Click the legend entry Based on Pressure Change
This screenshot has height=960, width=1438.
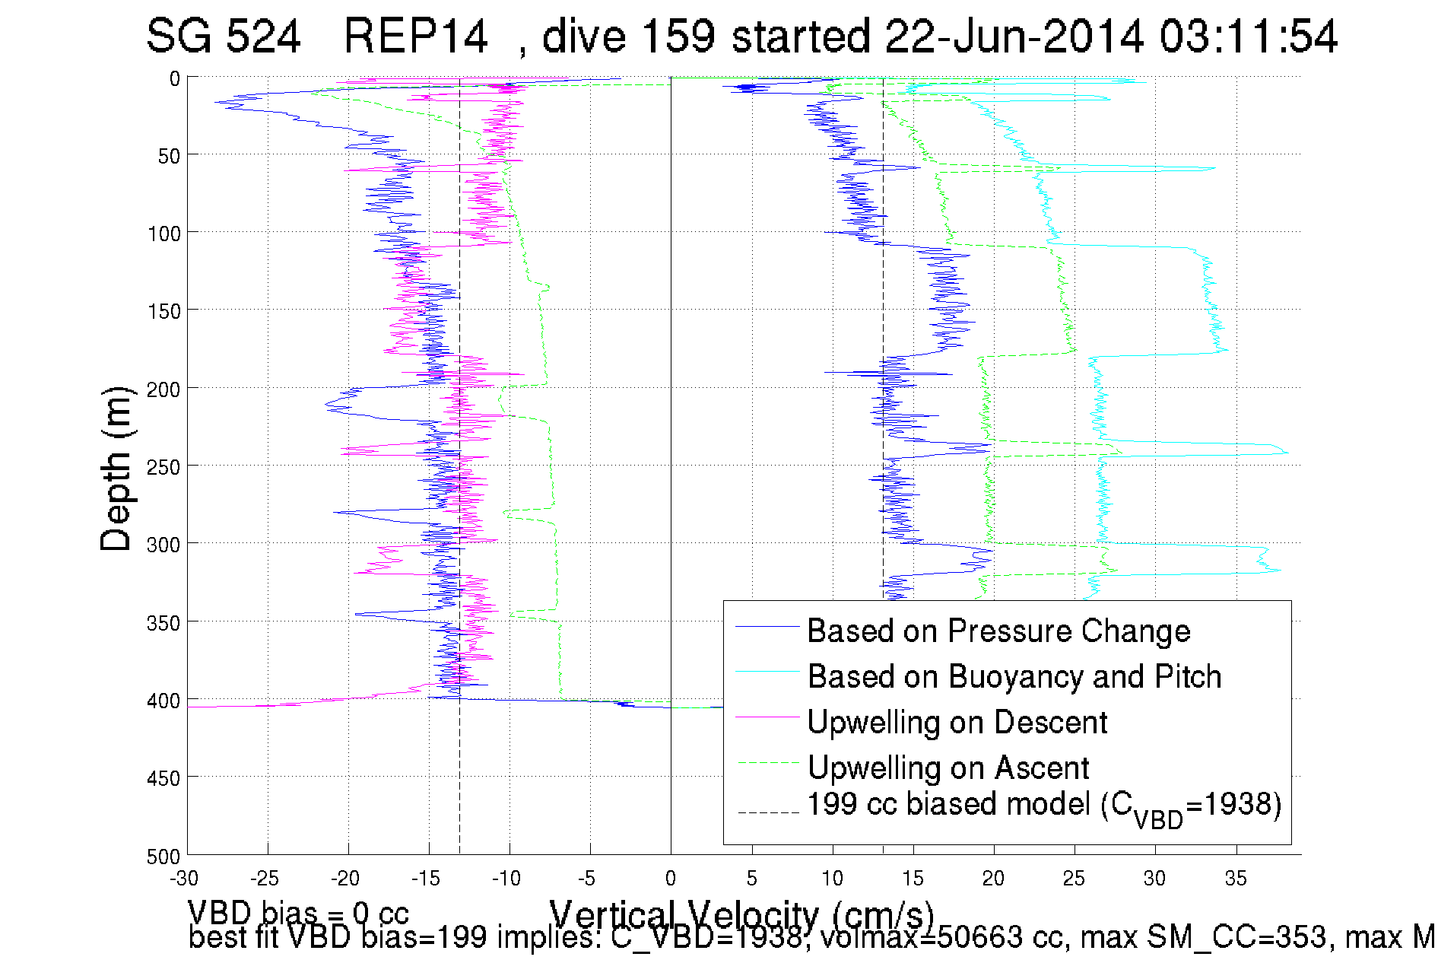[x=998, y=631]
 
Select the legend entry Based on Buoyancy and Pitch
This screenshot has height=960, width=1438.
[x=1014, y=677]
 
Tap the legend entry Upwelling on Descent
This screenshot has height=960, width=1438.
[x=957, y=723]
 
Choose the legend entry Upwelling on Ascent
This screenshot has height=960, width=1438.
[x=948, y=768]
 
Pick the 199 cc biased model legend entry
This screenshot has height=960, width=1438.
[x=1043, y=806]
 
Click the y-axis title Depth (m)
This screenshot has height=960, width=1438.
[x=116, y=469]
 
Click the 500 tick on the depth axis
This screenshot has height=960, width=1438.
[x=163, y=857]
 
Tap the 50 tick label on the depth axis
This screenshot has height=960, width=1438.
[x=169, y=156]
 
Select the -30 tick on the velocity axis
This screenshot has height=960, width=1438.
[x=185, y=879]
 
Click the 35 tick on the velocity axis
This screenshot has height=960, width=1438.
[x=1236, y=879]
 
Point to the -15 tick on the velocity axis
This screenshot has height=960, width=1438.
[x=427, y=879]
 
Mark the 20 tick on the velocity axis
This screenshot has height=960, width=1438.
[x=994, y=879]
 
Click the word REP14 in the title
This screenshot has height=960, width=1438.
[x=415, y=37]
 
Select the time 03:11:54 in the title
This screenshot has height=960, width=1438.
[x=1248, y=37]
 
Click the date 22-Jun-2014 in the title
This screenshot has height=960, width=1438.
[x=1014, y=37]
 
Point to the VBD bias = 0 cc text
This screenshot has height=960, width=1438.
[x=298, y=913]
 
